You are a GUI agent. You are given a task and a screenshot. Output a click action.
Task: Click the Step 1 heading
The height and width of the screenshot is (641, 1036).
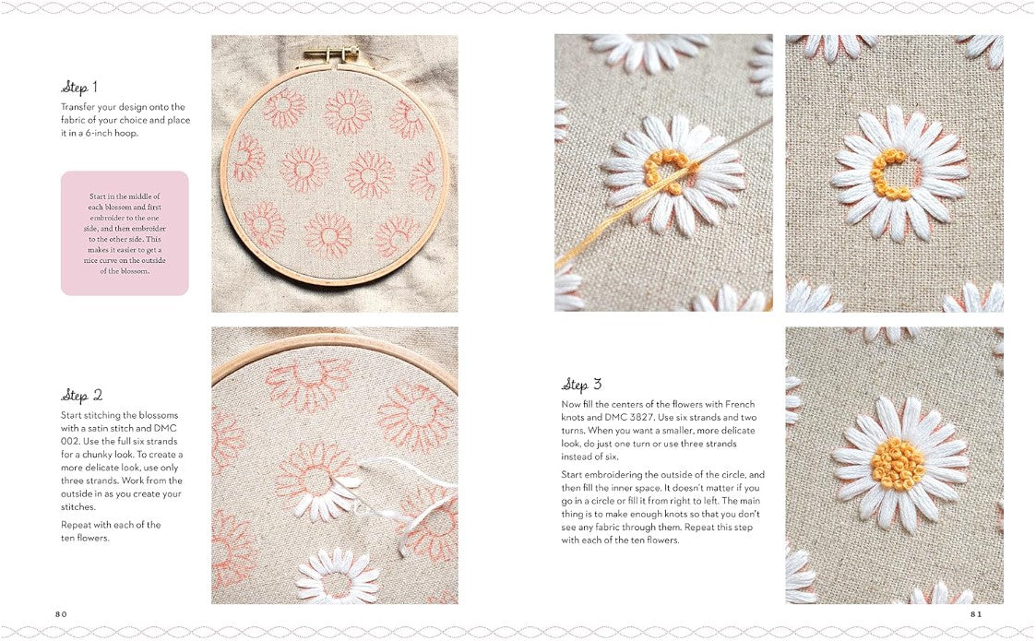(x=79, y=88)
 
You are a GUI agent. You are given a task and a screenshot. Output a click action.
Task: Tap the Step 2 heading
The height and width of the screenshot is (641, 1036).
(x=81, y=396)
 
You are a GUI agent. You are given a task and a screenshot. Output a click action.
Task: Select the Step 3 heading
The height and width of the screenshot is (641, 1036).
(x=582, y=385)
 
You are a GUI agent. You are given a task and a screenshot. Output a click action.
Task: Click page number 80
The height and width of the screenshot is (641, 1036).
(x=61, y=614)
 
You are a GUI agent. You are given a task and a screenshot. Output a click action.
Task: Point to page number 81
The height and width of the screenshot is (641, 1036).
(x=975, y=614)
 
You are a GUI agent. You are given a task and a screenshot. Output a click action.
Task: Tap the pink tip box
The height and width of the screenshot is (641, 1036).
(x=125, y=233)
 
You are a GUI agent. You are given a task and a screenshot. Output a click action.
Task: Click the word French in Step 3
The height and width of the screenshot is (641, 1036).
(x=739, y=405)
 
